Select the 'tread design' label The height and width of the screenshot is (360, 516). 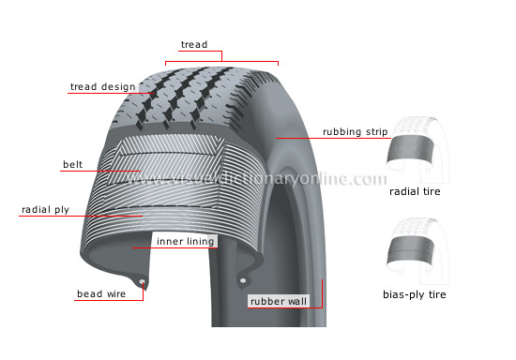[103, 87]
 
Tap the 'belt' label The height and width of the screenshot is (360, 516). [72, 165]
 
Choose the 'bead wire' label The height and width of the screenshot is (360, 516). [101, 294]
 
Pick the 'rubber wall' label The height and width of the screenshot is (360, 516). [279, 301]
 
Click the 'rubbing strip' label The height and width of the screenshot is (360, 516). [356, 132]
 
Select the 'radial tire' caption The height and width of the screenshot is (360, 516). [415, 191]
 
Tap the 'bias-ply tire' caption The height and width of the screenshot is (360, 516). [415, 294]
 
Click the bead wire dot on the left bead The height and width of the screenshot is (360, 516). [142, 281]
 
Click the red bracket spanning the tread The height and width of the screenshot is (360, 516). [222, 62]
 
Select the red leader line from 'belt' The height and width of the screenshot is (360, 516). [113, 171]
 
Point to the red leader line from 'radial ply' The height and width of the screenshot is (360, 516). [103, 216]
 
